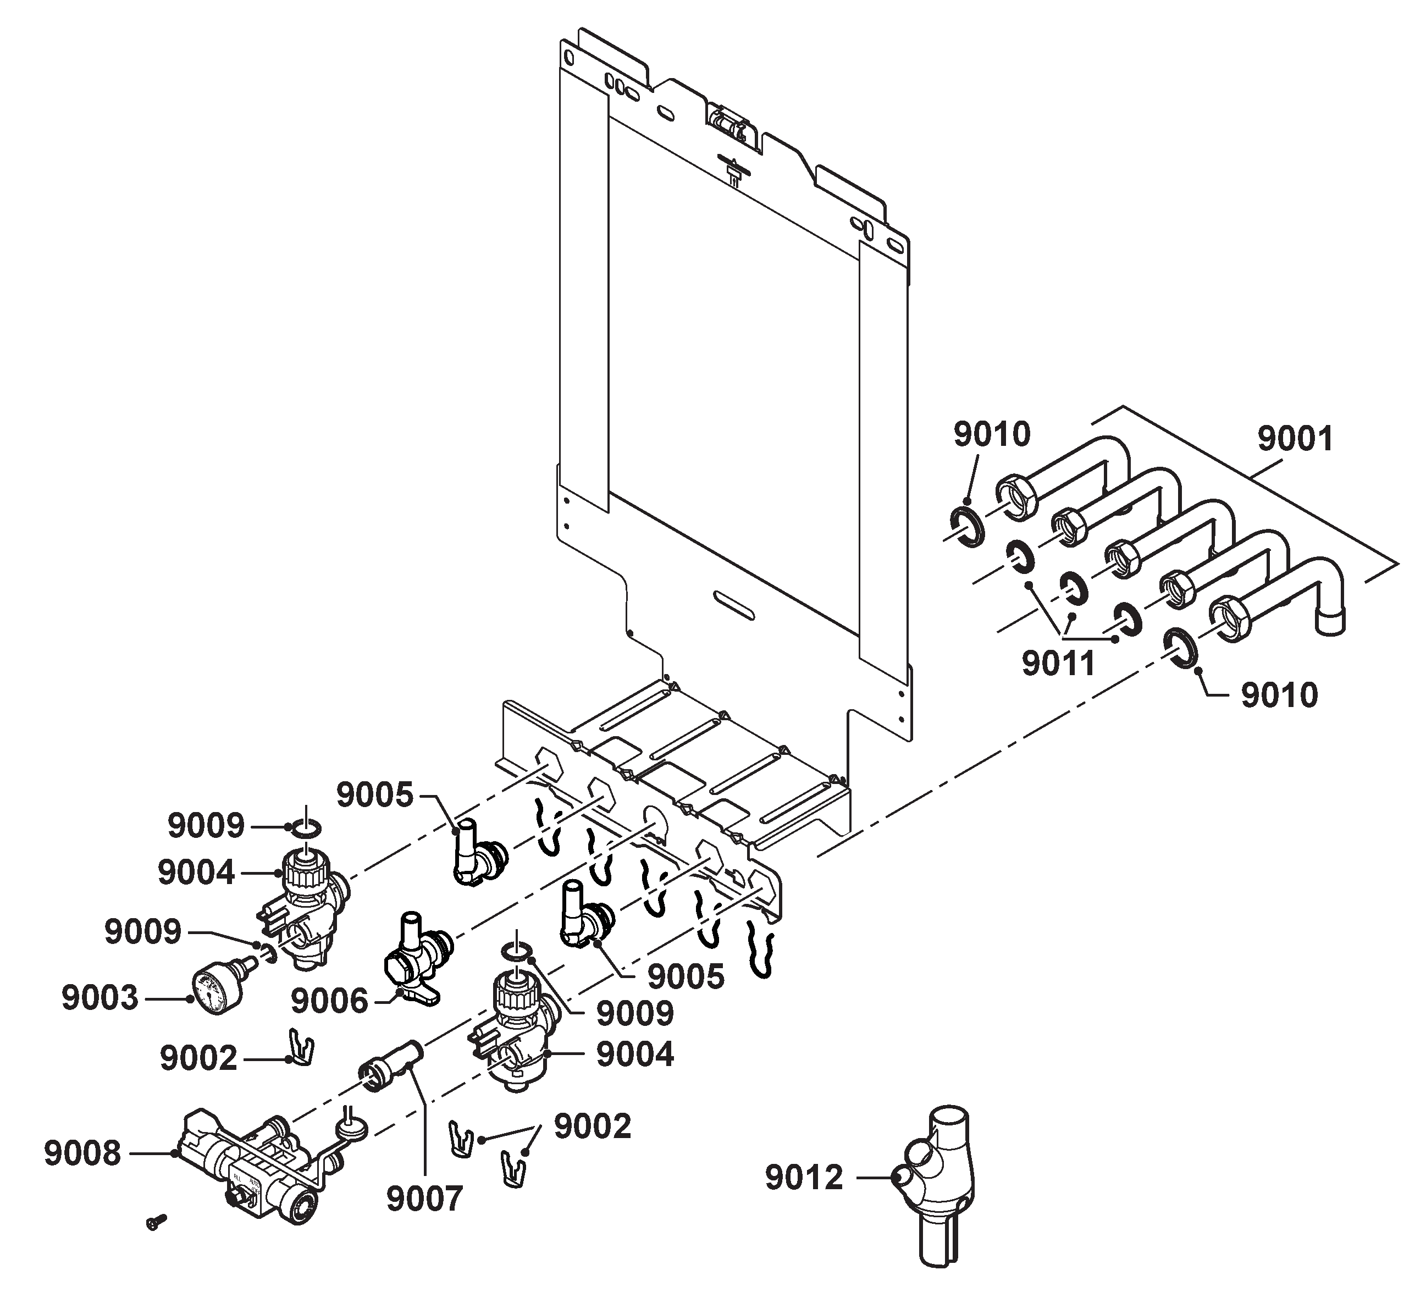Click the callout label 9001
click(1295, 439)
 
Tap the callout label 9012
click(804, 1178)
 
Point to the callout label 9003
click(100, 998)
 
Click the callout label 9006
click(330, 1001)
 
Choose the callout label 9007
click(424, 1199)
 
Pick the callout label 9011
click(1059, 664)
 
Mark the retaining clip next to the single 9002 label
click(302, 1046)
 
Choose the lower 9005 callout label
click(686, 977)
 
